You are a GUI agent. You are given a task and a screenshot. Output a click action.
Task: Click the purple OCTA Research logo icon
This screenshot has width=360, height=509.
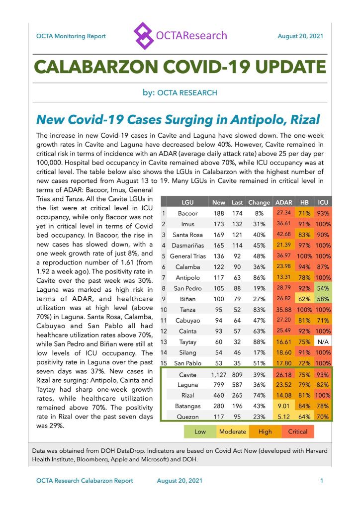144,35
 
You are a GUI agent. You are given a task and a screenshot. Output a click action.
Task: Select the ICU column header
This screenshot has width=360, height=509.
322,202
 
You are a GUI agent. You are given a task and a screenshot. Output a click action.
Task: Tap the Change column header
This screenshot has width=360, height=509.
259,202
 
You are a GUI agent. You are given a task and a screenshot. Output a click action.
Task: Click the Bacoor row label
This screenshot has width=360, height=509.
187,213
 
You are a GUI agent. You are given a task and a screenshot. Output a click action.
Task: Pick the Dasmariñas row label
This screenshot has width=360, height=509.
187,246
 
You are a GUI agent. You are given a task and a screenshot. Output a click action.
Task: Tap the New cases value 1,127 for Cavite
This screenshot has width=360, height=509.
218,374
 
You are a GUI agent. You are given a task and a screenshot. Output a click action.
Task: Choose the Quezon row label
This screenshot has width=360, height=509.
187,417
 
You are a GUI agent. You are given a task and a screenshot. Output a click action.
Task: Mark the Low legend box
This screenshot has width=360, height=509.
200,431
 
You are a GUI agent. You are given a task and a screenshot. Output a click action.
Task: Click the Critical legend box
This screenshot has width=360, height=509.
298,431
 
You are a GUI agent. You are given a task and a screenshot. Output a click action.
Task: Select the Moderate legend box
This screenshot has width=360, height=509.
233,431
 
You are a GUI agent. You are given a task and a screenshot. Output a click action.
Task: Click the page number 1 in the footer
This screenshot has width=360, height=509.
322,481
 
